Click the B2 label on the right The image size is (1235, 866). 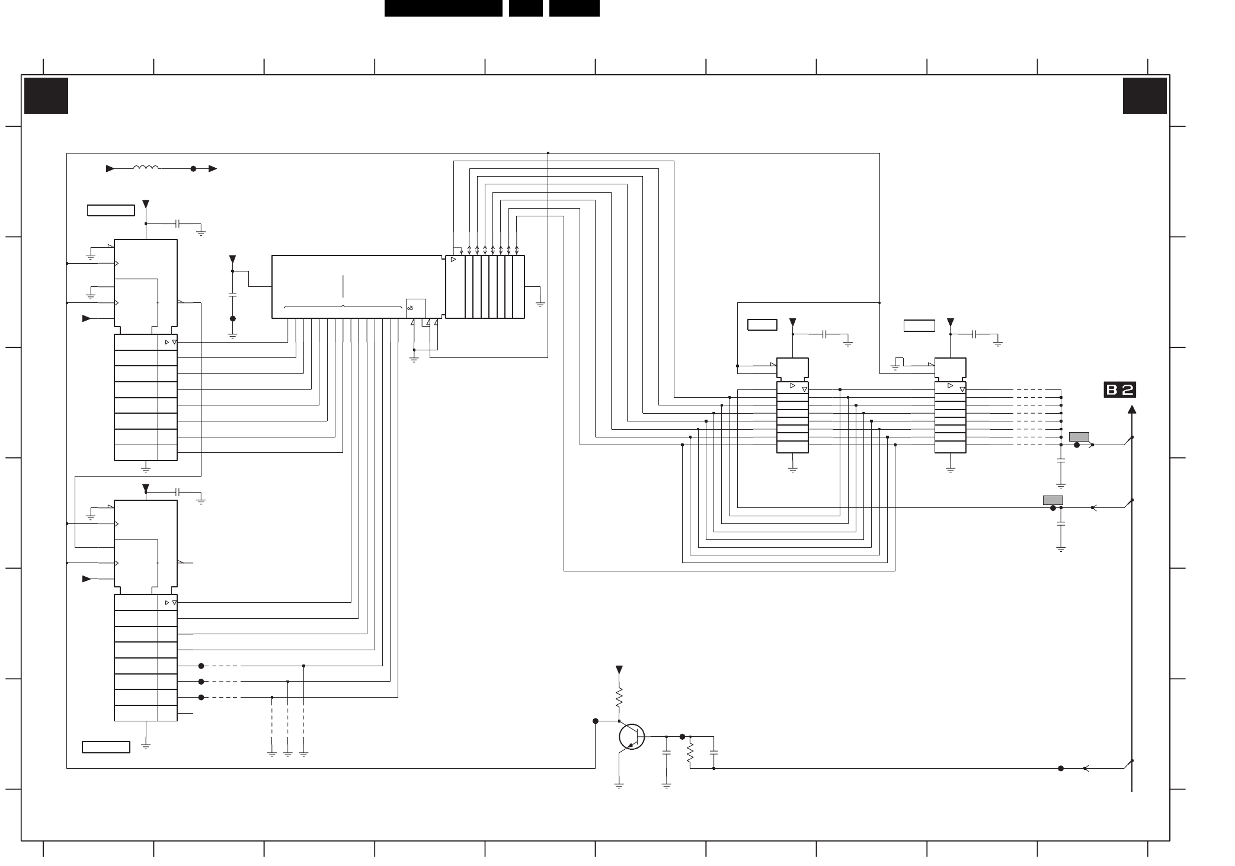pyautogui.click(x=1119, y=390)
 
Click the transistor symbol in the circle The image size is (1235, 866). pyautogui.click(x=632, y=737)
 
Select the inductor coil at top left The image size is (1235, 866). pyautogui.click(x=146, y=168)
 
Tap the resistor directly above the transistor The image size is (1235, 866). pyautogui.click(x=619, y=697)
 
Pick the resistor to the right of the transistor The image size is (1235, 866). pyautogui.click(x=690, y=753)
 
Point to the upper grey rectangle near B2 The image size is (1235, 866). pyautogui.click(x=1079, y=437)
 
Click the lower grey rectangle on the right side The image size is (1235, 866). pyautogui.click(x=1052, y=500)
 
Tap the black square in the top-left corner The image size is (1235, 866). pyautogui.click(x=46, y=95)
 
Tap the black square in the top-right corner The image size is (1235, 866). pyautogui.click(x=1144, y=95)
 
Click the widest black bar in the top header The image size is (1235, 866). pyautogui.click(x=443, y=8)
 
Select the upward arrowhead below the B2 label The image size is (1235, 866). pyautogui.click(x=1132, y=409)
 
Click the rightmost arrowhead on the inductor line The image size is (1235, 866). pyautogui.click(x=213, y=169)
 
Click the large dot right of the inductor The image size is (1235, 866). pyautogui.click(x=193, y=169)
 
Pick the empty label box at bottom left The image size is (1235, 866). pyautogui.click(x=106, y=747)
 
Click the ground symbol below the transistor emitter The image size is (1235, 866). pyautogui.click(x=619, y=785)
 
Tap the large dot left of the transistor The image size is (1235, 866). pyautogui.click(x=596, y=721)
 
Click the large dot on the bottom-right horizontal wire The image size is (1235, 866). pyautogui.click(x=1061, y=768)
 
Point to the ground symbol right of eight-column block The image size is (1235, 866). pyautogui.click(x=540, y=303)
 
